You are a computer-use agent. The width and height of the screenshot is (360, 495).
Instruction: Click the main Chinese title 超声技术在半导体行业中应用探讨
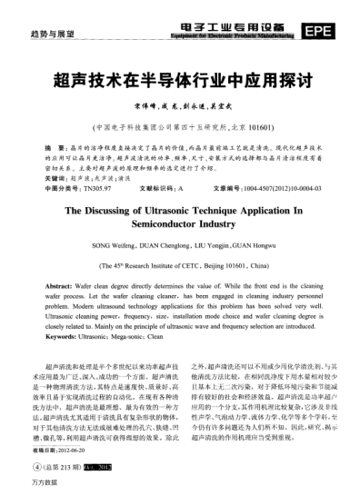(x=178, y=79)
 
